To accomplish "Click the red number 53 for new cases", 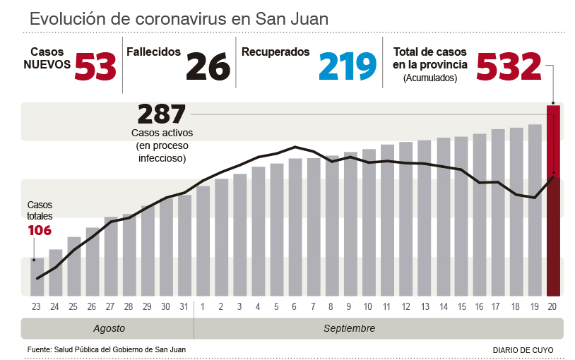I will (x=95, y=67).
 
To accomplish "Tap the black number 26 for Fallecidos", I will (x=208, y=67).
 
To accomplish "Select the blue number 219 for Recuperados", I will (x=347, y=67).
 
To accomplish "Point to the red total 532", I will (x=509, y=67).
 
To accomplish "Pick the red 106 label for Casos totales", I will (x=40, y=230).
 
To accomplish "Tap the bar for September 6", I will (x=295, y=227).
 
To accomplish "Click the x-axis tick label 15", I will (x=461, y=306).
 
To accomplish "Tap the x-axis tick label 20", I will (x=553, y=306).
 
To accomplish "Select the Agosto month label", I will (x=109, y=329).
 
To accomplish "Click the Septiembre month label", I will (x=349, y=329).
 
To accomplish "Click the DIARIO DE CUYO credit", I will (x=523, y=350).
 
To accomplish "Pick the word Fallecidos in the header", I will (x=153, y=52).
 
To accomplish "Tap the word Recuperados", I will (x=275, y=52).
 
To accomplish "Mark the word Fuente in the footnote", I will (x=40, y=349).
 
